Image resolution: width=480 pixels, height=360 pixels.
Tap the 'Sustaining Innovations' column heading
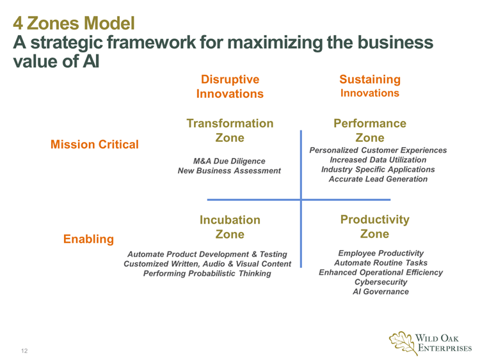(x=371, y=86)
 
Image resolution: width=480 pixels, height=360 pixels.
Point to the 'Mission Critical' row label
(x=94, y=145)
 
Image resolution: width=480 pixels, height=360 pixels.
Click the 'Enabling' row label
(x=88, y=239)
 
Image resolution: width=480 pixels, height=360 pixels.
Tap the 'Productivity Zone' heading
(x=374, y=226)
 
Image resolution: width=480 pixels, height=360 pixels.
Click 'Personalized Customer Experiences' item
(x=375, y=149)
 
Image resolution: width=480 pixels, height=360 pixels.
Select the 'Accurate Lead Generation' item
(x=375, y=180)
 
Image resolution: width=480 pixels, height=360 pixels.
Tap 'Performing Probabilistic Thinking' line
(x=207, y=274)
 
